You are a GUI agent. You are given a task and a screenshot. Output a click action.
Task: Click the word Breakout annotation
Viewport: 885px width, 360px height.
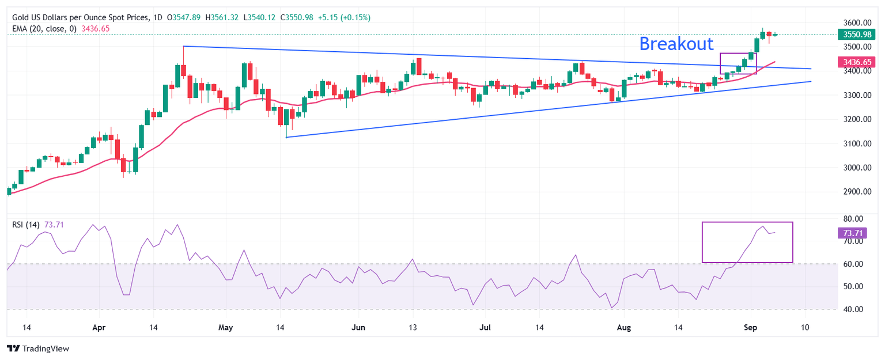tap(676, 44)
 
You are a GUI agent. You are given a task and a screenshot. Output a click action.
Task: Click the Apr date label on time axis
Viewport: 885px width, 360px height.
tap(100, 328)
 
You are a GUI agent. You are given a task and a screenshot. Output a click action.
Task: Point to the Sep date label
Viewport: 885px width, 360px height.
tap(751, 328)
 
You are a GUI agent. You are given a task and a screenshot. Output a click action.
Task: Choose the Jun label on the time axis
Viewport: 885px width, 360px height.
tap(358, 328)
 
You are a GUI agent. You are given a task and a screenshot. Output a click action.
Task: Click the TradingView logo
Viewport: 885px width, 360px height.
tap(37, 348)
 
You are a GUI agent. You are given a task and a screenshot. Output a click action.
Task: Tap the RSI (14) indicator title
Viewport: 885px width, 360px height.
tap(26, 224)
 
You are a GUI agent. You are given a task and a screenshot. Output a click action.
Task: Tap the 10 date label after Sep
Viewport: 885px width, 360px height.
tap(805, 328)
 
